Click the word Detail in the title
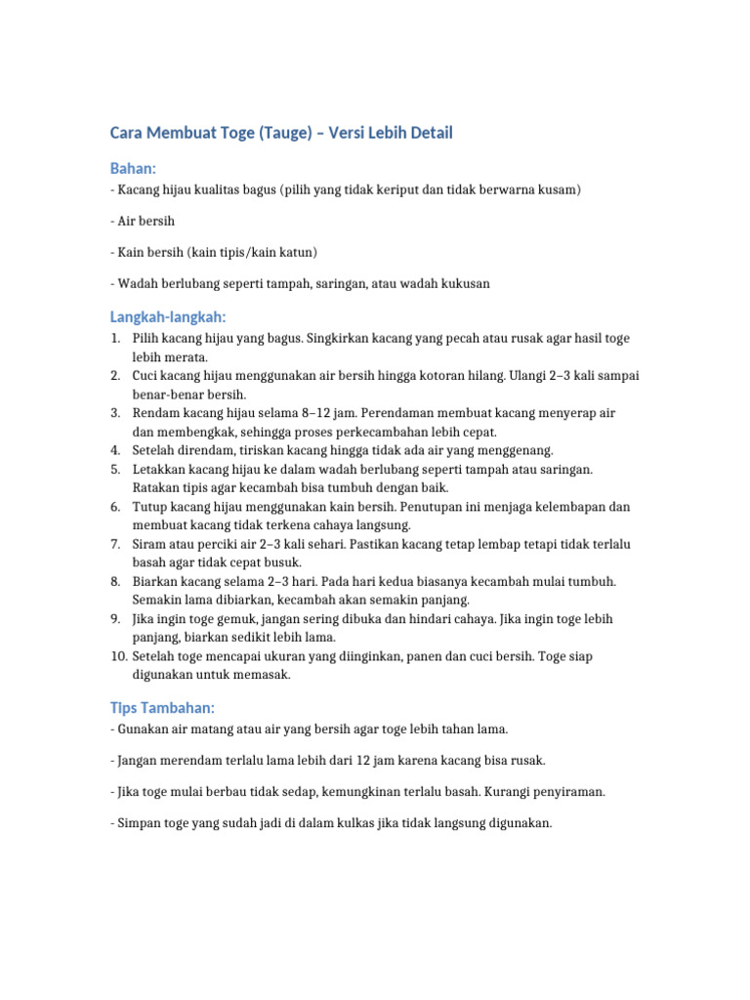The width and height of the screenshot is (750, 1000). click(x=427, y=133)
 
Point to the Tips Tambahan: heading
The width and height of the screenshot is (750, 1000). click(x=160, y=707)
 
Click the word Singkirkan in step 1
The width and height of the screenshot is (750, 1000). click(x=341, y=339)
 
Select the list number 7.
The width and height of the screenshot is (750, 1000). click(x=114, y=544)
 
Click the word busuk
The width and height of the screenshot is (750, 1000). click(x=281, y=562)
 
